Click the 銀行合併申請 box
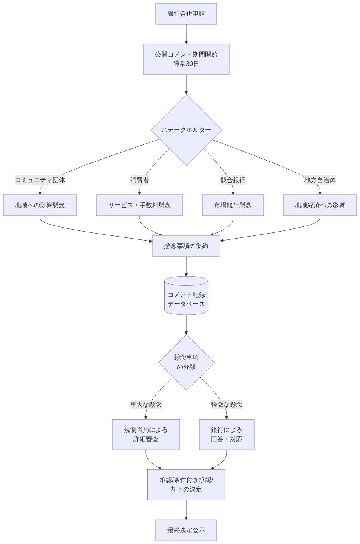coord(186,14)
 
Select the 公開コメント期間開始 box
coord(186,59)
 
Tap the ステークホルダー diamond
coord(186,130)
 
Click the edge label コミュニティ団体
coord(40,180)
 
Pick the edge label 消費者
coord(140,180)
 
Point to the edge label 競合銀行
coord(233,180)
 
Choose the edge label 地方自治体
coord(320,180)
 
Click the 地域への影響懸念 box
coord(40,205)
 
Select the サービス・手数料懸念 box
coord(140,205)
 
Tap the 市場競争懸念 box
coord(233,205)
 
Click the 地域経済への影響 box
coord(320,205)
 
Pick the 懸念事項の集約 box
coord(186,246)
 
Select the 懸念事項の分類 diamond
coord(186,362)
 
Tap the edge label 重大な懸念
coord(146,405)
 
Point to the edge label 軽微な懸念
coord(227,405)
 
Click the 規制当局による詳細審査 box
coord(146,434)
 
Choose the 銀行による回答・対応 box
coord(227,434)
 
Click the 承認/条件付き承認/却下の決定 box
coord(186,485)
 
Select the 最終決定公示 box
coord(186,530)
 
